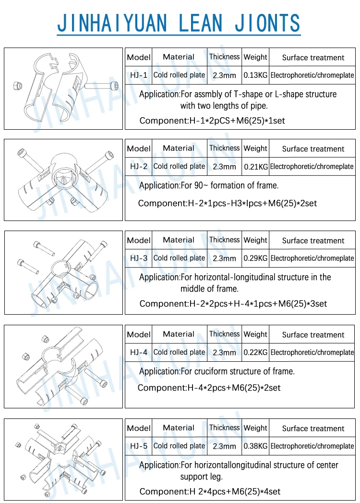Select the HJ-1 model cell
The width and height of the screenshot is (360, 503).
click(138, 75)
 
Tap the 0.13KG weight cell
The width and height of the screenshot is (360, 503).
click(255, 75)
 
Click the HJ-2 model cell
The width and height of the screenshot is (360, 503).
click(138, 167)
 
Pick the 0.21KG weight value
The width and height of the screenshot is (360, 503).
click(255, 167)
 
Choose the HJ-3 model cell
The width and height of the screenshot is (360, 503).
click(138, 258)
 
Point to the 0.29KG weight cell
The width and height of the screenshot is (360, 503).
click(255, 258)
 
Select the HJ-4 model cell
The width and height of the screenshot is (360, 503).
click(138, 352)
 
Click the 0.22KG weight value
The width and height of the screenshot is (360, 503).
click(255, 352)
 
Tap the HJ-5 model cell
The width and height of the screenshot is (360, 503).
click(138, 446)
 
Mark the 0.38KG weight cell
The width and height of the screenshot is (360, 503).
click(255, 446)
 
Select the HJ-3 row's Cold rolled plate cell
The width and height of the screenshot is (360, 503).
click(179, 258)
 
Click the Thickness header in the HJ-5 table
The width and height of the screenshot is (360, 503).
click(224, 428)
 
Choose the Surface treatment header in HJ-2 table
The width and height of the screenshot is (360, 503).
click(313, 149)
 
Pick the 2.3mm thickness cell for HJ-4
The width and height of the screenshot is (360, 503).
click(224, 352)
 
